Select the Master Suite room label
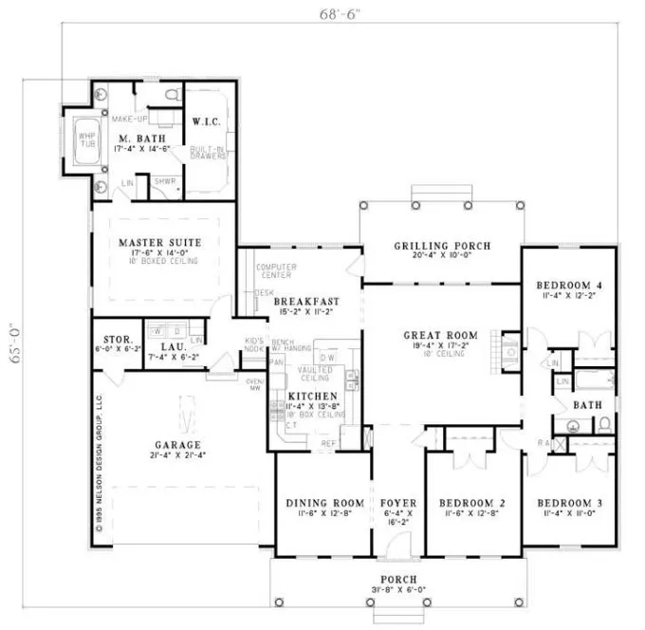pyautogui.click(x=160, y=243)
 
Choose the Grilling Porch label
pyautogui.click(x=442, y=246)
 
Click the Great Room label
pyautogui.click(x=440, y=335)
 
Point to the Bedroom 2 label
pyautogui.click(x=471, y=502)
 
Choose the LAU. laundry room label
pyautogui.click(x=172, y=347)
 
